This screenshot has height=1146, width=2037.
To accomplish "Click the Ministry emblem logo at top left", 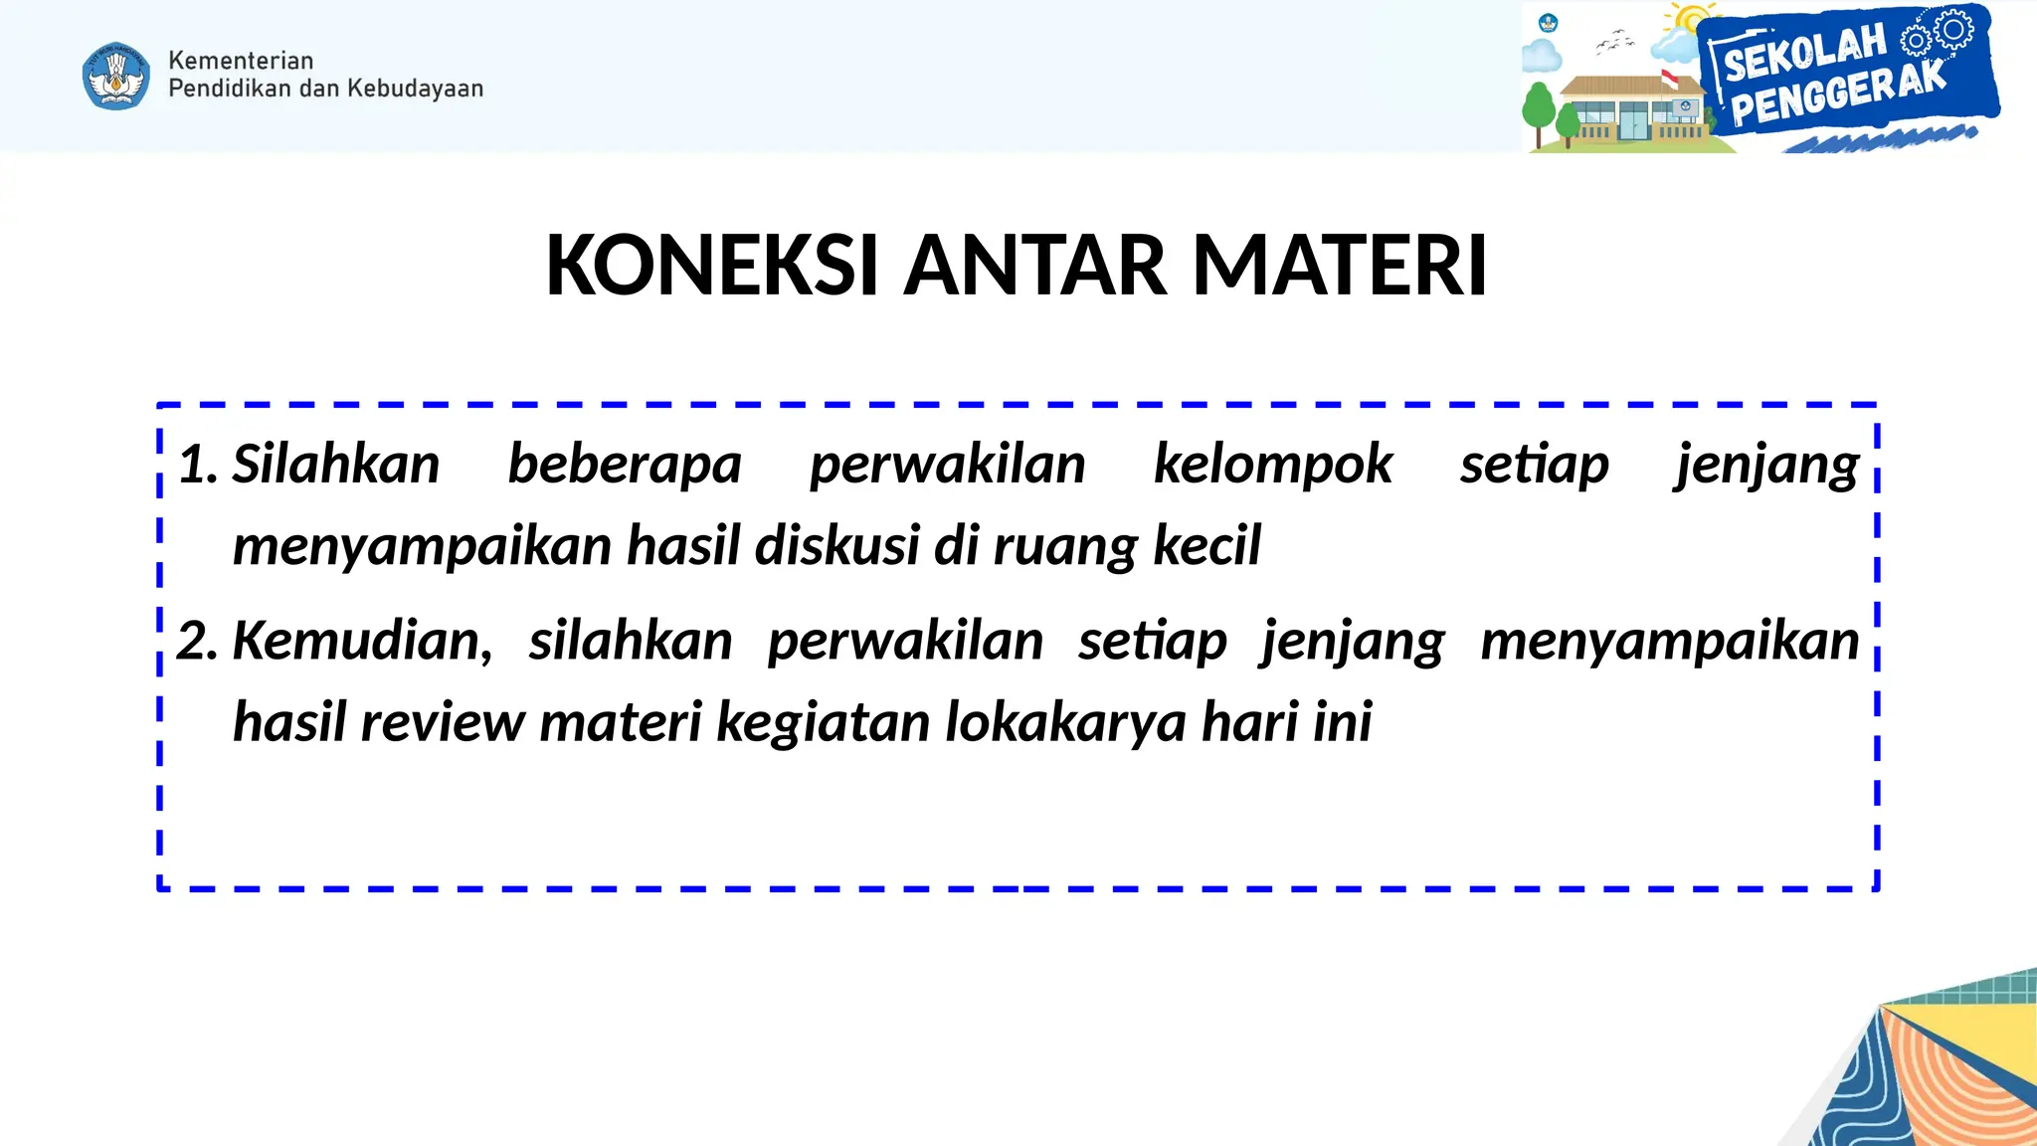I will (x=116, y=76).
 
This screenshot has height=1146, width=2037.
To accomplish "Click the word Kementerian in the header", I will (x=241, y=61).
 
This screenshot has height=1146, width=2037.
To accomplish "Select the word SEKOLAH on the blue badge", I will (x=1804, y=54).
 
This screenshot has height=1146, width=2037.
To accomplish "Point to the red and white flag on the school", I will (x=1669, y=78).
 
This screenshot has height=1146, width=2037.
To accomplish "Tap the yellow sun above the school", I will (x=1689, y=20).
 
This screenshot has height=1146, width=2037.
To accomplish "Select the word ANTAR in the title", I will (x=1034, y=266).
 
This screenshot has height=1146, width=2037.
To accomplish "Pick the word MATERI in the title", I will (x=1340, y=266).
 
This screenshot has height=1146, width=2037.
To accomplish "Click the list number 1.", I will (x=197, y=465).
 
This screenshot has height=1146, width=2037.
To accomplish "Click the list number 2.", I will (x=197, y=641).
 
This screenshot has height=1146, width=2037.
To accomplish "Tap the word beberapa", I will (x=625, y=465).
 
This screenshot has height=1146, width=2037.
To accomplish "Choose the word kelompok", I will (x=1273, y=465).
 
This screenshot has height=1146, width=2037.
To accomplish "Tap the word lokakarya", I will (x=1065, y=722).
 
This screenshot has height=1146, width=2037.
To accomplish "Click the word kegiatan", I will (x=824, y=722).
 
